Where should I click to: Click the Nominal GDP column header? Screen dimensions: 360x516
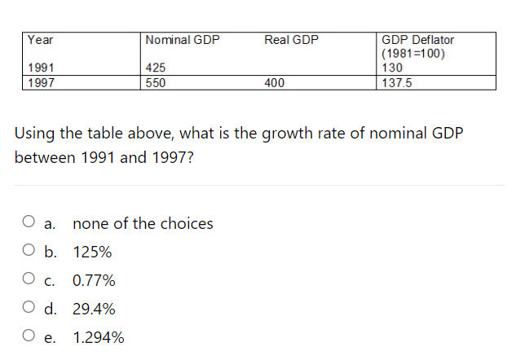(182, 40)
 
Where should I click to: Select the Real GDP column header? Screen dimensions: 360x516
(292, 40)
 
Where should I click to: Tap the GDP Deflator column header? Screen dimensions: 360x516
(417, 40)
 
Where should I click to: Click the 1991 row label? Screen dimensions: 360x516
(42, 69)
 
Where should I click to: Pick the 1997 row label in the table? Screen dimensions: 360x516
(42, 82)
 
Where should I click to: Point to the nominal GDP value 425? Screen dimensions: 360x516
(156, 69)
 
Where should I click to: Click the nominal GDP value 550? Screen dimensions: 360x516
(156, 82)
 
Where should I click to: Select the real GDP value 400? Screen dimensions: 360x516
(275, 82)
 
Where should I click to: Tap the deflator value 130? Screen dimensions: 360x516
(392, 69)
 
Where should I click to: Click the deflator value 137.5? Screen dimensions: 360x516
(396, 82)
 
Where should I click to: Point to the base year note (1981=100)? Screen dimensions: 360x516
(413, 55)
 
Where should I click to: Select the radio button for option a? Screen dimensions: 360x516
(29, 222)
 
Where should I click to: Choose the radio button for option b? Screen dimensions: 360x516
(29, 252)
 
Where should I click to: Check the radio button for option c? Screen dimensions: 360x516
(29, 280)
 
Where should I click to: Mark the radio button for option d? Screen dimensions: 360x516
(29, 309)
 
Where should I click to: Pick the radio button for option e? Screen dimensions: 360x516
(29, 337)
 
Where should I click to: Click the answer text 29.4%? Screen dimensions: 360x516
(94, 310)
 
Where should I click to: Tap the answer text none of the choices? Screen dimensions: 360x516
(143, 223)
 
